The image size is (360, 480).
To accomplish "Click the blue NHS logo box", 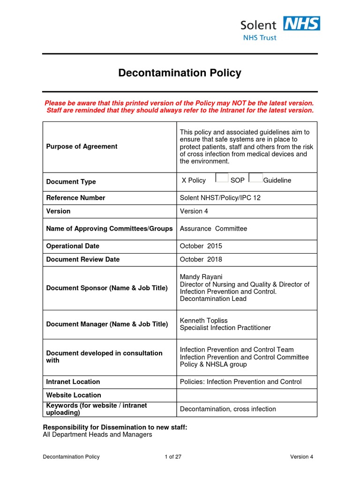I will click(x=302, y=23).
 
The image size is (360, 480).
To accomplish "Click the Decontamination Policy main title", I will click(x=180, y=73).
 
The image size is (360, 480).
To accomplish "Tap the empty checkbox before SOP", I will click(x=222, y=178).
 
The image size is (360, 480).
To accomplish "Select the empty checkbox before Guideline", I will click(x=255, y=178).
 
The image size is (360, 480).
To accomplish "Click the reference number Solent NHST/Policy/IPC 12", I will click(x=220, y=198).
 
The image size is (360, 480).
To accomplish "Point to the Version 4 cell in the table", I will click(x=194, y=211).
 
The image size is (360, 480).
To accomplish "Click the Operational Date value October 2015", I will click(x=201, y=246).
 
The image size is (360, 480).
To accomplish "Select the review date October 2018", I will click(x=201, y=259).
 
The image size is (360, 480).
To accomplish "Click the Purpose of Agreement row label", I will click(x=82, y=146).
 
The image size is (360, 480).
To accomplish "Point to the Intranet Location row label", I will click(x=73, y=382).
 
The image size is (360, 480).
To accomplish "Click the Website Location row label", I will click(x=73, y=395).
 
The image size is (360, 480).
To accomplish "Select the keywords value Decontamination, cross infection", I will click(x=228, y=409).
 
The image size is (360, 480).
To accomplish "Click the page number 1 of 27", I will click(x=172, y=457).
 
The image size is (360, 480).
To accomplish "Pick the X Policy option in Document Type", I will click(x=194, y=180).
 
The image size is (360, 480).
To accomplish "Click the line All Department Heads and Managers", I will click(x=97, y=435).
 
